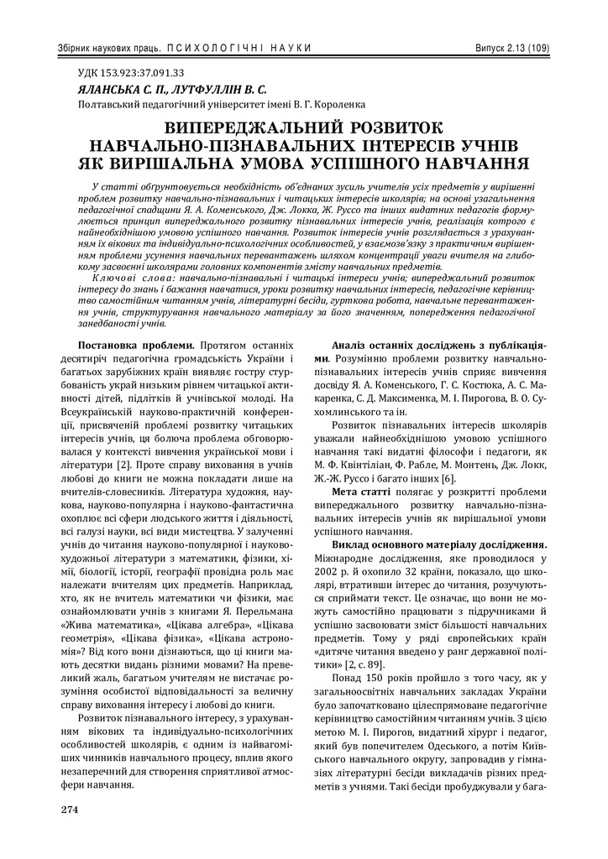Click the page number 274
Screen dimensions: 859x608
click(x=68, y=810)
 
